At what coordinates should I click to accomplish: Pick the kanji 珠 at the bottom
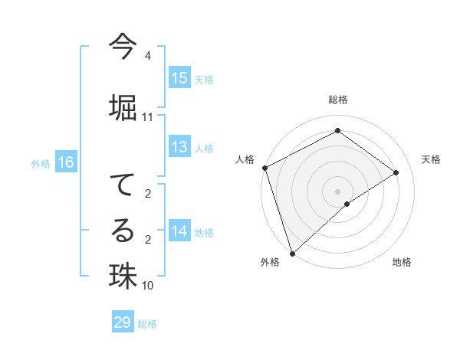(x=122, y=275)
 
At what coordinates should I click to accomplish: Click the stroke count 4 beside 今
(x=147, y=56)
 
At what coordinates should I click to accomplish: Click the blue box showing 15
(x=179, y=78)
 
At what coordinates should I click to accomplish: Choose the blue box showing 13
(x=179, y=147)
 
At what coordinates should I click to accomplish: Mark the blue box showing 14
(x=179, y=231)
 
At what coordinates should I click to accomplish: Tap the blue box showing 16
(x=65, y=162)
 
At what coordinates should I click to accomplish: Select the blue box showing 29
(x=123, y=322)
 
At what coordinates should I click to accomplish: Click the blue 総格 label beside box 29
(x=147, y=324)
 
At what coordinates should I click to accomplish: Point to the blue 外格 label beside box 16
(x=41, y=163)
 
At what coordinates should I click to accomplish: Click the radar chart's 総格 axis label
(x=337, y=100)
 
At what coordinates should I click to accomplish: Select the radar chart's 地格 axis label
(x=402, y=262)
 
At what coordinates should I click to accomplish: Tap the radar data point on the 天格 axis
(x=396, y=172)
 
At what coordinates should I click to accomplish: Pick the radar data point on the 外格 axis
(x=292, y=253)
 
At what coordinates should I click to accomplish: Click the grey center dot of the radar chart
(x=337, y=191)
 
